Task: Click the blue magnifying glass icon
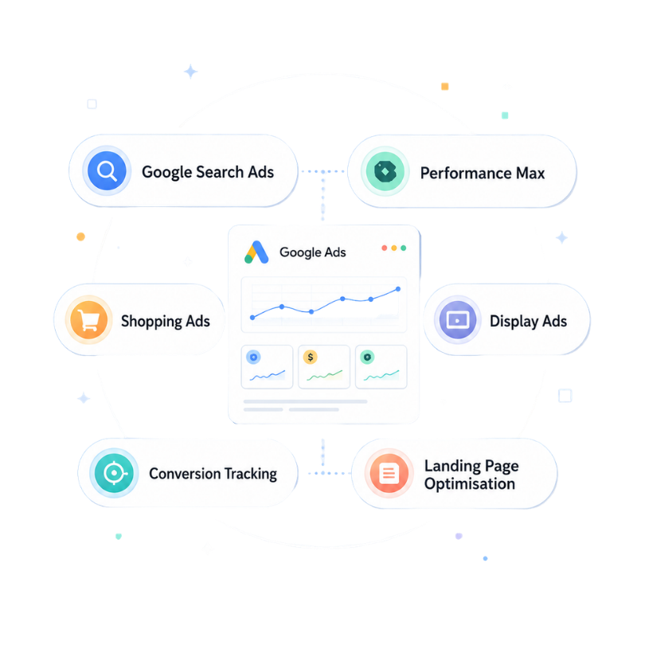107,170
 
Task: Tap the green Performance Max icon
385,171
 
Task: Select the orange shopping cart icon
89,319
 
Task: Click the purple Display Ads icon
457,319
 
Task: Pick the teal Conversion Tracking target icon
114,473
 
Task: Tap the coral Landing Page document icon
389,473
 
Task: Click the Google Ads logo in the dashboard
256,252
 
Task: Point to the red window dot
384,248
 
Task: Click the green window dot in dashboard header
404,248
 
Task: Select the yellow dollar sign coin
311,357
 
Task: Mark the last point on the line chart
398,289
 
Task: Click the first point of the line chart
252,317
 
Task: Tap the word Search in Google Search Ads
220,172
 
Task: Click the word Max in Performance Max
530,173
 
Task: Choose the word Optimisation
469,484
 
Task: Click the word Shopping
151,322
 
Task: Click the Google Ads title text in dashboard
313,252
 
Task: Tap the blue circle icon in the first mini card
253,357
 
